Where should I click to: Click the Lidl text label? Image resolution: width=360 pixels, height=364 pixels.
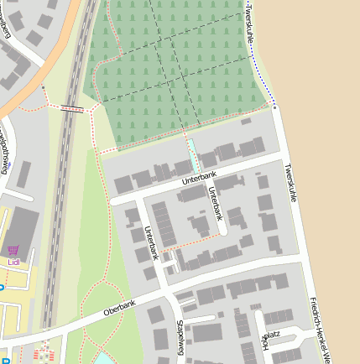[13, 262]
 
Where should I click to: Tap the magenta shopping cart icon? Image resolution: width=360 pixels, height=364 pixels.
[13, 250]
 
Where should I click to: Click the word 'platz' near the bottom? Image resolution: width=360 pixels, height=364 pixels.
[272, 335]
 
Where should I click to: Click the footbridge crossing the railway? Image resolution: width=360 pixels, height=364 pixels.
[71, 107]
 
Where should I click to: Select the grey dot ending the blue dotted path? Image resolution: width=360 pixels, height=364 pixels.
[274, 107]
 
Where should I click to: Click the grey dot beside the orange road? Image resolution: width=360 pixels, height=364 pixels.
[42, 86]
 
